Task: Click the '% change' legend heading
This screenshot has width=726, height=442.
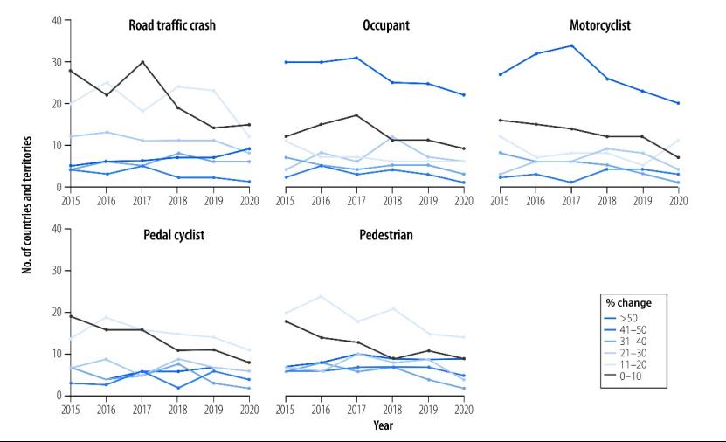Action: [x=630, y=302]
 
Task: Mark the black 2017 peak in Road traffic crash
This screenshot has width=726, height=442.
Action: [x=142, y=62]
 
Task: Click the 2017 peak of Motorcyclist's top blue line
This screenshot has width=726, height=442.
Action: [x=571, y=45]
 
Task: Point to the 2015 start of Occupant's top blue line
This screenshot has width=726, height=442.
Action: [x=286, y=62]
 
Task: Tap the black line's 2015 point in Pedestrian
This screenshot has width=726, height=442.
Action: [x=286, y=321]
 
